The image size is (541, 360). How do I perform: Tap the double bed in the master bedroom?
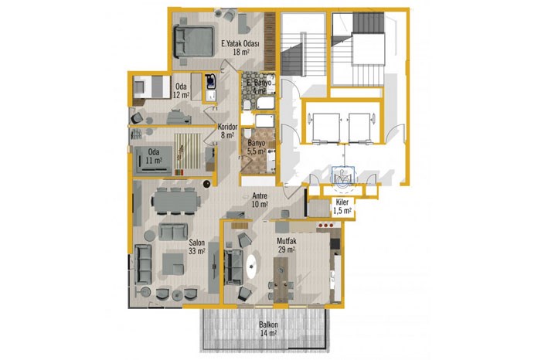(x=193, y=41)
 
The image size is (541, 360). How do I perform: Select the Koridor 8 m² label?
(x=227, y=131)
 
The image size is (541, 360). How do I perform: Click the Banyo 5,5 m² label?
(x=257, y=148)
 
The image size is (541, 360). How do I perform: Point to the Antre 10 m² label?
(x=260, y=200)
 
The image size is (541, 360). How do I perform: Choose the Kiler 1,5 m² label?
(x=342, y=206)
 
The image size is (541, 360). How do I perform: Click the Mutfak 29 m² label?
(x=286, y=245)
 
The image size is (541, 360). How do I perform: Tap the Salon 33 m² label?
(x=196, y=247)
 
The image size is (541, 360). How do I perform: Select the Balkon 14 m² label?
(x=268, y=329)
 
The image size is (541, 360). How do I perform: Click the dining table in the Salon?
(x=176, y=202)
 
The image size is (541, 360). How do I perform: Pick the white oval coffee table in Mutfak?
(x=253, y=266)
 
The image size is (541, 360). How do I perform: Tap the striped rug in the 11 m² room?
(x=188, y=151)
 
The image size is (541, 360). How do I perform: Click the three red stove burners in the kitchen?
(x=325, y=225)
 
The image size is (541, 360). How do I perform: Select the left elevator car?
(x=325, y=127)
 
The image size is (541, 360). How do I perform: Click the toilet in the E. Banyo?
(x=247, y=104)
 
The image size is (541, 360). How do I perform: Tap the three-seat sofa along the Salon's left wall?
(x=143, y=264)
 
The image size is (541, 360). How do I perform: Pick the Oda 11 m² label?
(x=154, y=156)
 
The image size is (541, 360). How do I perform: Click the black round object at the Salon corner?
(x=206, y=184)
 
